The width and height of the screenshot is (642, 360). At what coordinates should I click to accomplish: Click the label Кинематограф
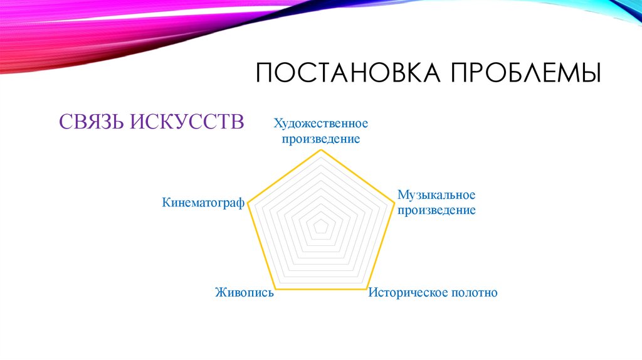pyautogui.click(x=203, y=203)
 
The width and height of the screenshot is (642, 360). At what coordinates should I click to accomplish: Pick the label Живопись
pyautogui.click(x=244, y=292)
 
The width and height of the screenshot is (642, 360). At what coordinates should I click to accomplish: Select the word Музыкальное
pyautogui.click(x=436, y=196)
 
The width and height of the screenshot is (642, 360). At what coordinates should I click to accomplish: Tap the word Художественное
pyautogui.click(x=320, y=124)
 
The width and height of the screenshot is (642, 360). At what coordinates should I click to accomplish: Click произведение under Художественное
pyautogui.click(x=320, y=139)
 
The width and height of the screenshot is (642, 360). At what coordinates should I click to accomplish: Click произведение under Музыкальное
pyautogui.click(x=436, y=210)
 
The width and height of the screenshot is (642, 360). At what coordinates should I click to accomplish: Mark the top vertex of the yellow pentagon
pyautogui.click(x=320, y=151)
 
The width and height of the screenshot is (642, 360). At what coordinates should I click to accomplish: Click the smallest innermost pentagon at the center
pyautogui.click(x=320, y=226)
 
